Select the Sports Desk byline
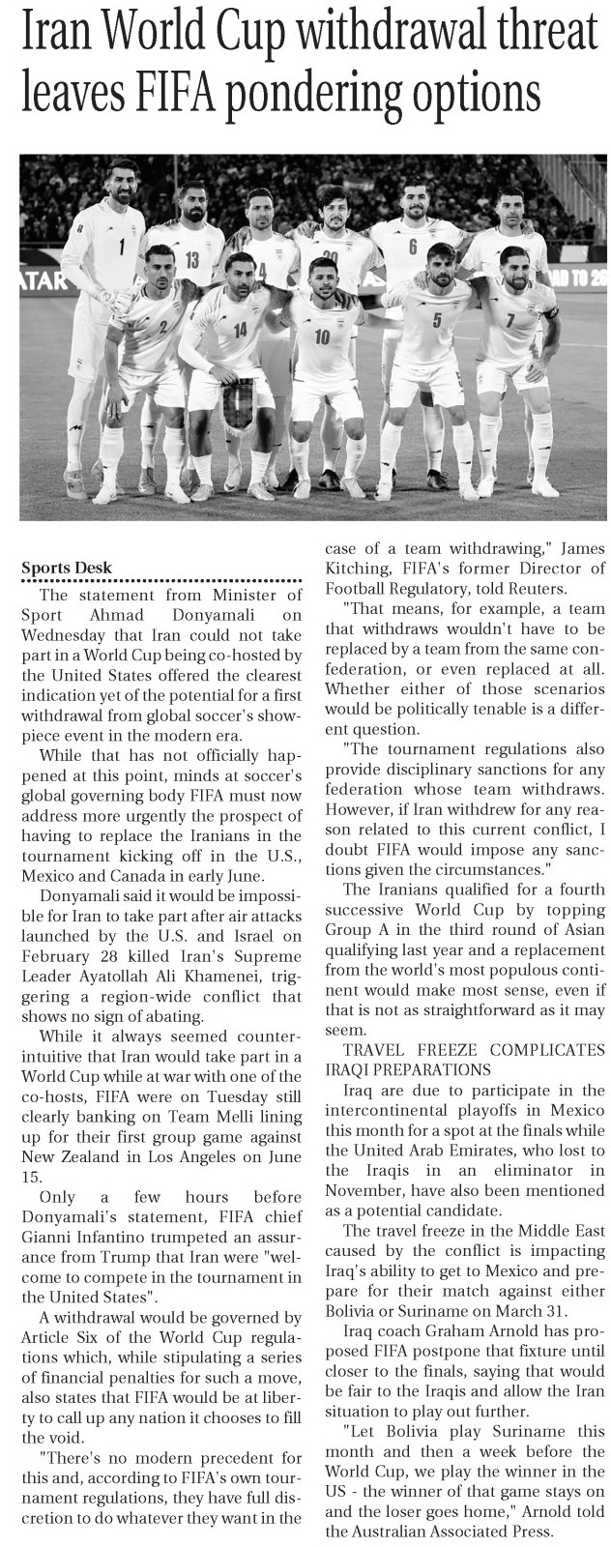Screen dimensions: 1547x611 click(x=67, y=568)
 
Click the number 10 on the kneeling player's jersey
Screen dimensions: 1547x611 click(x=322, y=336)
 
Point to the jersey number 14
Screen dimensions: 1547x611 click(x=240, y=329)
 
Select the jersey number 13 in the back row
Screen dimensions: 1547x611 click(x=191, y=258)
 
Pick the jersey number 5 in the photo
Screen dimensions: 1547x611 click(x=436, y=320)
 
